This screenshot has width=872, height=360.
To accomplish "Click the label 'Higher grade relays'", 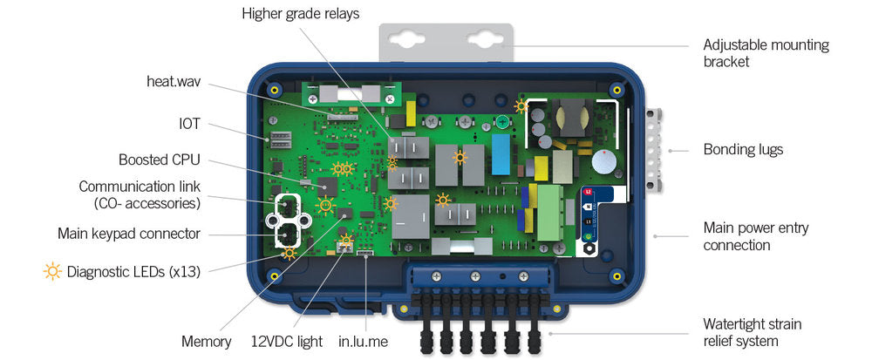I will click(300, 13).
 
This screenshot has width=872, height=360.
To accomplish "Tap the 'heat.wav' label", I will click(174, 82).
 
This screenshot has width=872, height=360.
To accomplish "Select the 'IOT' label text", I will click(189, 124).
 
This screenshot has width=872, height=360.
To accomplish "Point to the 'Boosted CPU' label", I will click(160, 160).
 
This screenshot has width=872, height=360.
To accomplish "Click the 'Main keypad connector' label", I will click(129, 234).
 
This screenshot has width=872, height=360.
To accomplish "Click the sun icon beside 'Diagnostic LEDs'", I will click(52, 271).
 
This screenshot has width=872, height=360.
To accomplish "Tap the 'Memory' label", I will click(207, 341).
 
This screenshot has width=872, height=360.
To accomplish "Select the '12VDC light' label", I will click(288, 341).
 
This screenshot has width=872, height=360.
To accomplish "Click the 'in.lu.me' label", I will click(363, 341).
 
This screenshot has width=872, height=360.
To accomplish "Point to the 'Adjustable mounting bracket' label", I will click(766, 53).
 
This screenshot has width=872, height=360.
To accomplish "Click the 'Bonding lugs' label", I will click(743, 149).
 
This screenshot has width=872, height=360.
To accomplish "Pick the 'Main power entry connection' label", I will click(755, 236).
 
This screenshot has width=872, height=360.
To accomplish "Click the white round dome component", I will click(603, 161).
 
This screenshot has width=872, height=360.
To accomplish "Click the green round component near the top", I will click(503, 123).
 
